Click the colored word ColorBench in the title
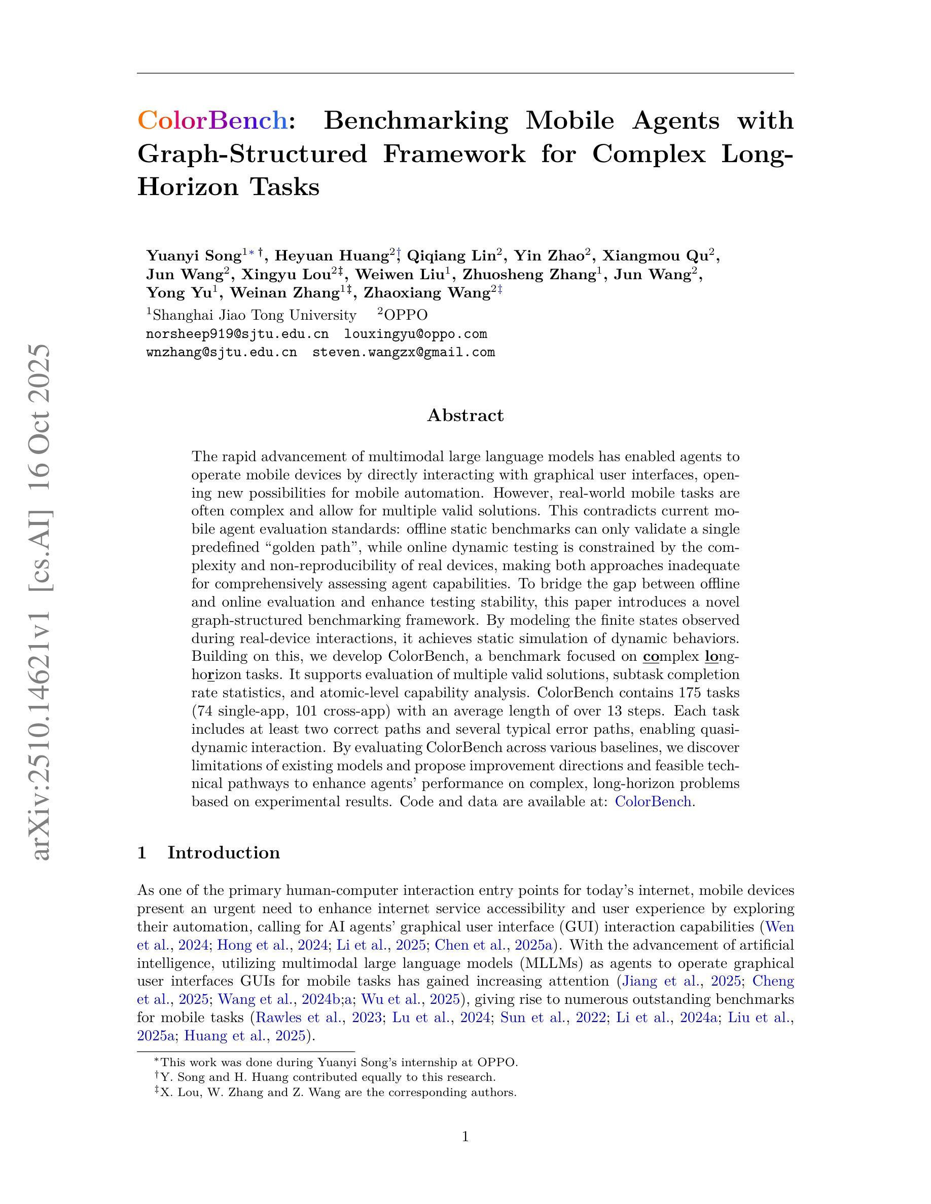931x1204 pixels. pos(212,120)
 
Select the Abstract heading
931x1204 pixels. pos(465,415)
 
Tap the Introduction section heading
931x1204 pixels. pos(224,852)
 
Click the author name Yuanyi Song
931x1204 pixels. pos(194,256)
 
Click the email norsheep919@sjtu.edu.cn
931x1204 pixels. pos(237,334)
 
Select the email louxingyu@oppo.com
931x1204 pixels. pos(415,334)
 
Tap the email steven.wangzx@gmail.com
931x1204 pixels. pos(403,352)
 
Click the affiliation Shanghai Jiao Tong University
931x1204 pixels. pos(254,315)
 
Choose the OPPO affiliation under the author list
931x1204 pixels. pos(405,315)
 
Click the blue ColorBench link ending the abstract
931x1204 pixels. pos(653,801)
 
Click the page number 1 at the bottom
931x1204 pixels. pos(465,1137)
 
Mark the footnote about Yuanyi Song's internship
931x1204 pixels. pos(336,1062)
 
